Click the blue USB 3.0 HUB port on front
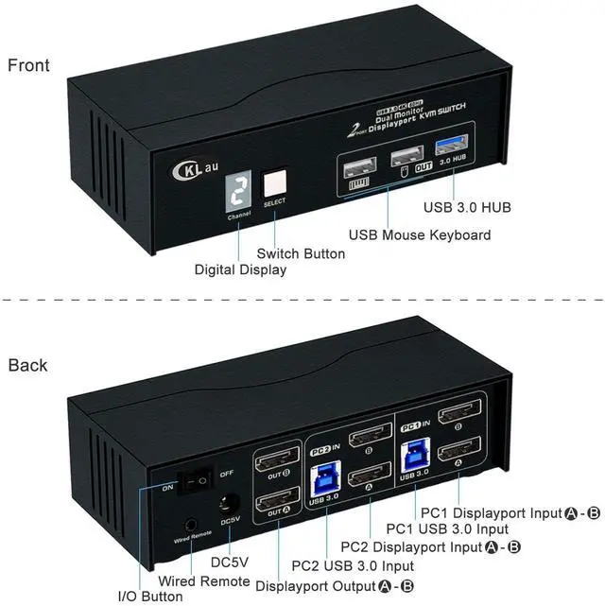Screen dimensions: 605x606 [x=449, y=151]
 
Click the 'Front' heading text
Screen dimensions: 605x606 [x=28, y=65]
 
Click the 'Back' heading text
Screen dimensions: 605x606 [x=27, y=365]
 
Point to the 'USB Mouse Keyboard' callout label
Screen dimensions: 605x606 [x=419, y=234]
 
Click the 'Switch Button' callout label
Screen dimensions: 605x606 [x=301, y=253]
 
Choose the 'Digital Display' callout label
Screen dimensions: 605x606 [x=240, y=269]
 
